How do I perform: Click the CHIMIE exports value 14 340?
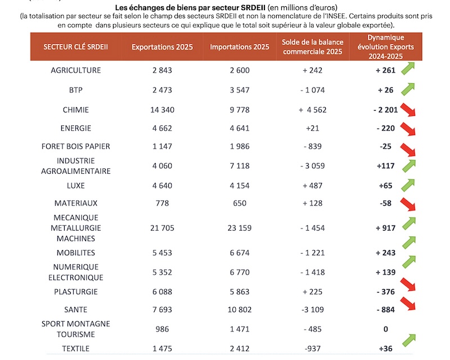point(162,110)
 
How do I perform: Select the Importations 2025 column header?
point(240,47)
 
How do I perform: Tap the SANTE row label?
point(76,309)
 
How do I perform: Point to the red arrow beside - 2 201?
point(408,110)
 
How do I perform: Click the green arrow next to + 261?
point(408,68)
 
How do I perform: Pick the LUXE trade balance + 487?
point(313,186)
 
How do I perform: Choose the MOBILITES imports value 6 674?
point(240,253)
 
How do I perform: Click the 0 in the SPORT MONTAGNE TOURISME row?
point(386,329)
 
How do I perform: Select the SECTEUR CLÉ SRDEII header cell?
point(76,47)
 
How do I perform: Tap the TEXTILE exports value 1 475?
point(162,349)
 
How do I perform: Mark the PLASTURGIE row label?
point(76,292)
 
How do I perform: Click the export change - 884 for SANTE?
point(386,309)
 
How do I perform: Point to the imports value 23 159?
point(240,228)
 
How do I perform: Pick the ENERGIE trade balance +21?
point(313,128)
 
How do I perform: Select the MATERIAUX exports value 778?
point(162,203)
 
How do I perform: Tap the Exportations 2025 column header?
point(162,47)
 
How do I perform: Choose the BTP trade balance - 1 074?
point(313,90)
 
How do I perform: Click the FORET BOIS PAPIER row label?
point(76,146)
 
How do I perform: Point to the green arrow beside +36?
point(409,340)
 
